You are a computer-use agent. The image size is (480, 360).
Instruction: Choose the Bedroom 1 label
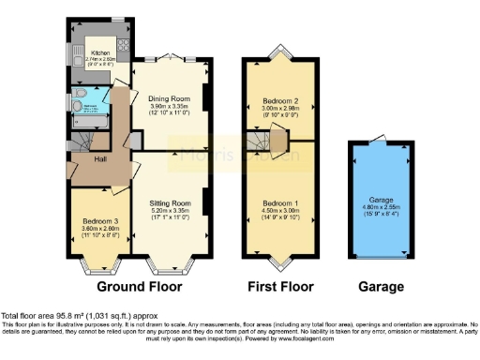278,203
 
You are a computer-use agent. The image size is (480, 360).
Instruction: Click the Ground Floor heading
140,286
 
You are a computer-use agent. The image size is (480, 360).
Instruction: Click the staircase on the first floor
266,143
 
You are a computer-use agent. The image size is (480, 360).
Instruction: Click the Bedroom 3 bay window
97,264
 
